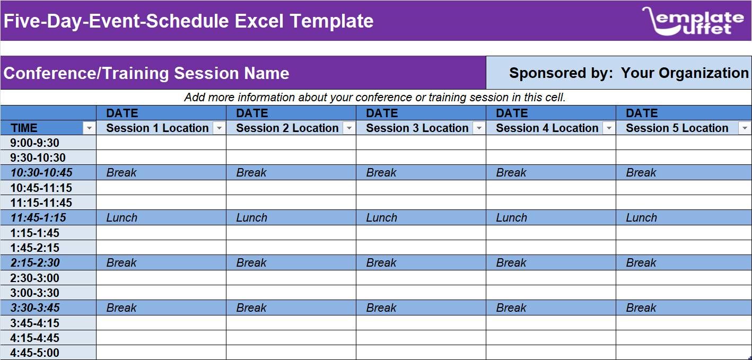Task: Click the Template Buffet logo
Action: click(x=693, y=21)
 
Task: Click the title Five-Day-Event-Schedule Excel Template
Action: click(x=188, y=21)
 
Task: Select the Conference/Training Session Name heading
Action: click(x=146, y=73)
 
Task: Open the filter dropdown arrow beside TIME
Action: click(x=89, y=128)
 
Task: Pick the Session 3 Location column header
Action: click(x=417, y=128)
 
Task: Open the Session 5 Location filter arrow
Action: click(x=745, y=128)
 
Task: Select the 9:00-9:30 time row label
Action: click(x=34, y=143)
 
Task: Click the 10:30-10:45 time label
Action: click(x=41, y=173)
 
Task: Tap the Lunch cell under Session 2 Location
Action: click(x=251, y=218)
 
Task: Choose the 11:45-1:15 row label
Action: click(x=38, y=218)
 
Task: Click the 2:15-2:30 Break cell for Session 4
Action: click(x=511, y=263)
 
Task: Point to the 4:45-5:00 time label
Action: click(x=34, y=353)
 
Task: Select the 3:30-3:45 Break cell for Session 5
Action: click(x=641, y=308)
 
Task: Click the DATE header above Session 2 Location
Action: click(x=252, y=113)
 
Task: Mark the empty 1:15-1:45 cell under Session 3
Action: click(x=421, y=233)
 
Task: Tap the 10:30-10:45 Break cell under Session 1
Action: click(x=121, y=173)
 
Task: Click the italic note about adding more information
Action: click(x=374, y=98)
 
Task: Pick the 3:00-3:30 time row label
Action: click(x=34, y=293)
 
